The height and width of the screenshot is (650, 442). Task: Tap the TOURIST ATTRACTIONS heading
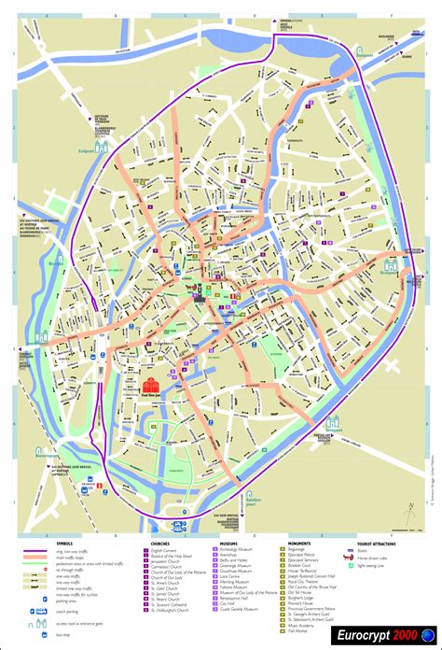click(x=383, y=542)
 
